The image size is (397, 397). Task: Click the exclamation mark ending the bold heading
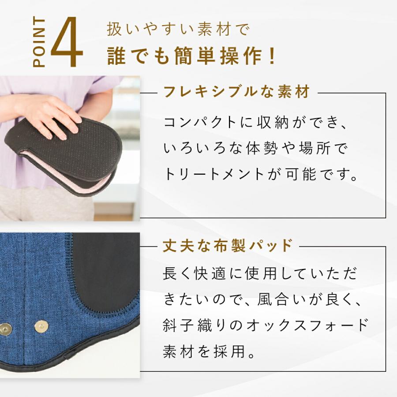272,56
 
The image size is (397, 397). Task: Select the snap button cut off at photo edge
5,328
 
